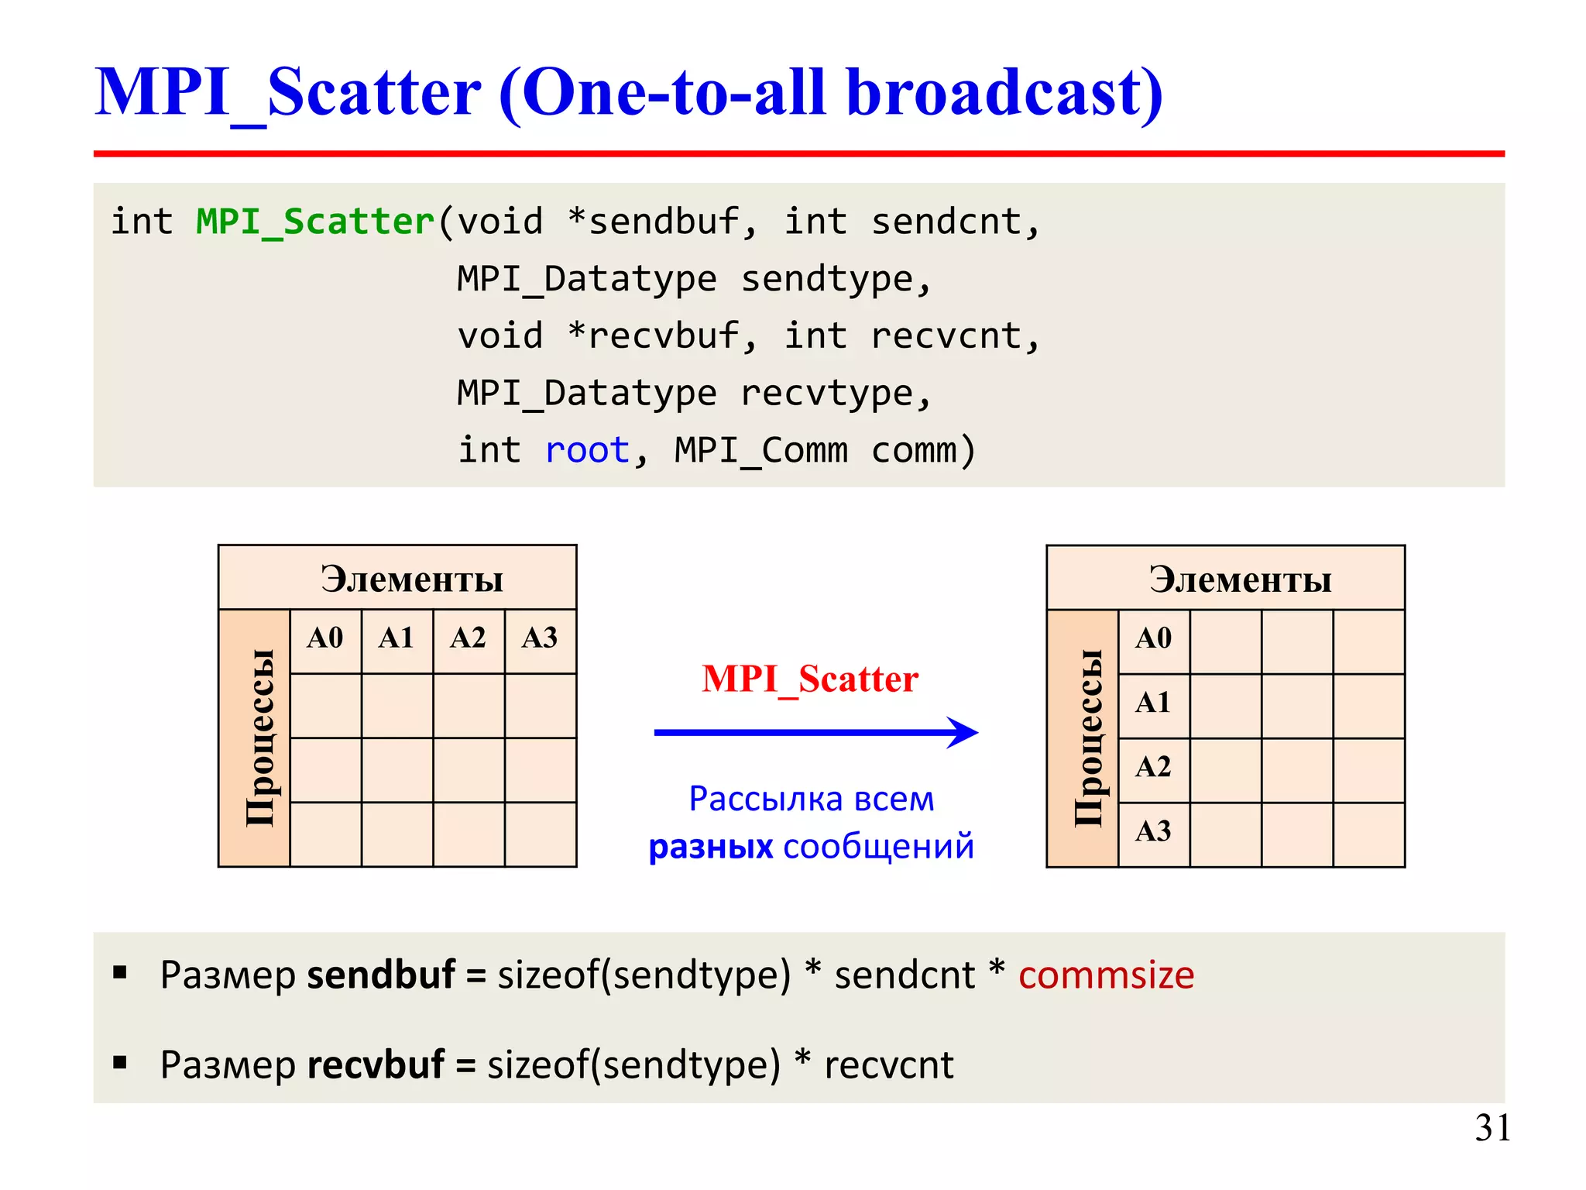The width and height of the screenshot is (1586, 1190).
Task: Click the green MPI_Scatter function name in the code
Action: click(314, 222)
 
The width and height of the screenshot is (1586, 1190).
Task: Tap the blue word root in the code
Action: click(587, 450)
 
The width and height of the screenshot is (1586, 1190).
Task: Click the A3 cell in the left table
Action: click(540, 638)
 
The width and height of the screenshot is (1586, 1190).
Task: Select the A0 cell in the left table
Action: click(325, 638)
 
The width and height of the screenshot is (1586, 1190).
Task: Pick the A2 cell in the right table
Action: click(1153, 767)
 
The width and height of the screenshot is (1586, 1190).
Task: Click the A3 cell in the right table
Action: click(1153, 831)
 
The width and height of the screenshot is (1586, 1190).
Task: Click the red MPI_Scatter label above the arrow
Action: click(810, 679)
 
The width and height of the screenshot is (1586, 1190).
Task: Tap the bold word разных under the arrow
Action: click(710, 847)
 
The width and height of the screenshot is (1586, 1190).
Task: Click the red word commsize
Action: click(1106, 975)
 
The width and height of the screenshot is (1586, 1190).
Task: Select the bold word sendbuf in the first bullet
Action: click(381, 975)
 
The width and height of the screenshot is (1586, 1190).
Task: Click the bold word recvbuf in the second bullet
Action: click(376, 1064)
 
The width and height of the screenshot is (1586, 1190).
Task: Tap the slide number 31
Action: click(1492, 1128)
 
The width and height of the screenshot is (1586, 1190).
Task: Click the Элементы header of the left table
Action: click(412, 580)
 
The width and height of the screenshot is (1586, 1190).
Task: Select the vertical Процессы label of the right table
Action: click(1088, 738)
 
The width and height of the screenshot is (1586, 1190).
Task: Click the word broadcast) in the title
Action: click(1004, 93)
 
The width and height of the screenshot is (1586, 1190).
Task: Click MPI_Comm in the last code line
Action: click(761, 450)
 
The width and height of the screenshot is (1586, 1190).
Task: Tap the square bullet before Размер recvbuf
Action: click(120, 1062)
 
